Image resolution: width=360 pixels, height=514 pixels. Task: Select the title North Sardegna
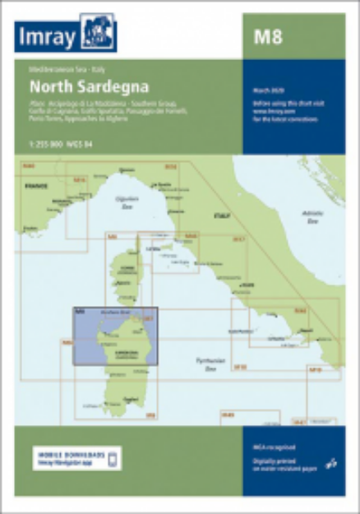tap(74, 86)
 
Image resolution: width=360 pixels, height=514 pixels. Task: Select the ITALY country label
tap(221, 215)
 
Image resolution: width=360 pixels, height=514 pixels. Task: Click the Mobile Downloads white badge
tap(75, 458)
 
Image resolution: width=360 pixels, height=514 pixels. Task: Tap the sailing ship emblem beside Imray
tap(98, 34)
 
